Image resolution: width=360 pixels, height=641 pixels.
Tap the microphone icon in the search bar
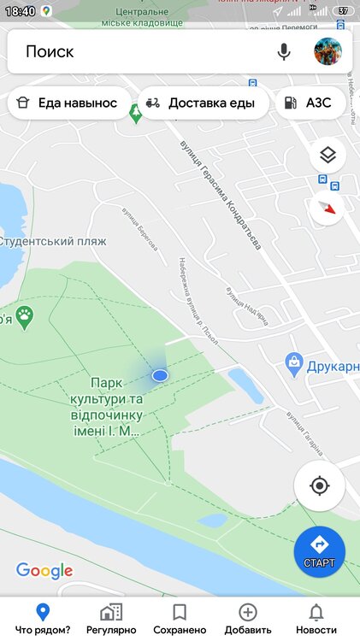(x=284, y=52)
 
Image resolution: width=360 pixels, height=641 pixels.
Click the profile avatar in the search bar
(x=328, y=52)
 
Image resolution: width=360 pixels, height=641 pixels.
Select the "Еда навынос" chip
(x=68, y=103)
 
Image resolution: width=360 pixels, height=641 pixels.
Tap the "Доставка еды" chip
(x=201, y=103)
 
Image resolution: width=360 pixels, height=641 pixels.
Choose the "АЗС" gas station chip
(x=313, y=103)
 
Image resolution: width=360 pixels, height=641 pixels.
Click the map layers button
(x=328, y=156)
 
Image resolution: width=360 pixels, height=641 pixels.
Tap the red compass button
(x=328, y=208)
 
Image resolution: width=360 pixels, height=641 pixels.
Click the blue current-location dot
(x=160, y=375)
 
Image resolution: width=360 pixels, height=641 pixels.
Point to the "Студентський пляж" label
(x=53, y=241)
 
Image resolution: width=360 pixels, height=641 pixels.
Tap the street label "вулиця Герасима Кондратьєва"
(x=220, y=195)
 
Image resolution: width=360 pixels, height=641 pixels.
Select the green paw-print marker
(x=27, y=318)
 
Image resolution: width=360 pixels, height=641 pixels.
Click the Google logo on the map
(x=44, y=571)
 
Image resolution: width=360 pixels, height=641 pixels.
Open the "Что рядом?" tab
(x=42, y=618)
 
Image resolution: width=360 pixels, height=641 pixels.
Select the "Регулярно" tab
(x=111, y=618)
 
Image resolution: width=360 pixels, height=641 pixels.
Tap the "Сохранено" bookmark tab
(x=180, y=618)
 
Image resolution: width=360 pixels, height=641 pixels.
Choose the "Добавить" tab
(x=248, y=618)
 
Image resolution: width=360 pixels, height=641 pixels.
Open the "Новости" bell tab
(x=316, y=618)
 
